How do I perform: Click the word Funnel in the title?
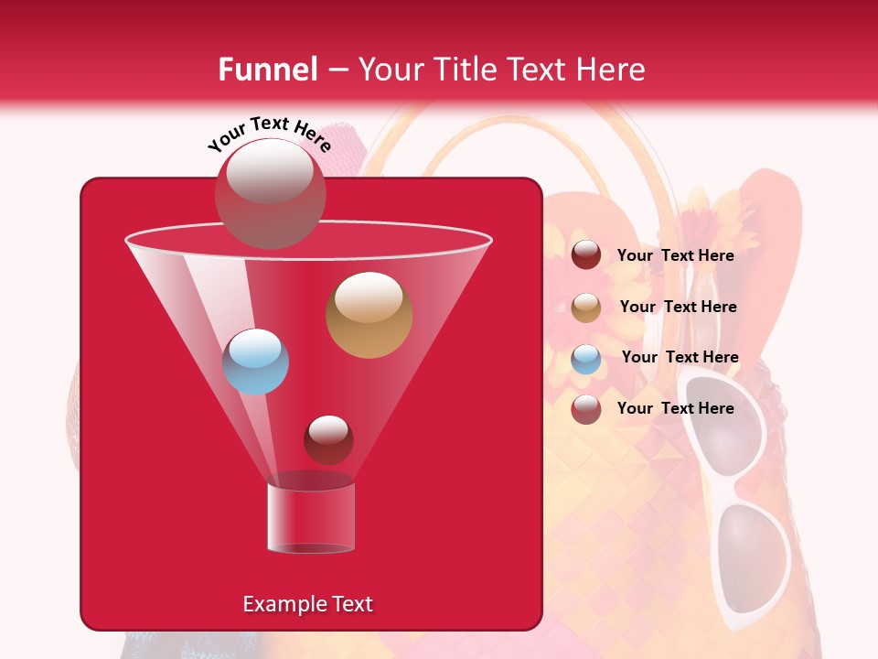[x=267, y=70]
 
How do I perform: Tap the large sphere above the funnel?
[x=270, y=193]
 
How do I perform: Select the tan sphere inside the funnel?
[x=369, y=315]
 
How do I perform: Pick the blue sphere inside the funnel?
[x=255, y=362]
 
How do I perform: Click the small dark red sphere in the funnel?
[x=328, y=439]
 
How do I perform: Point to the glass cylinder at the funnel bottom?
[x=311, y=518]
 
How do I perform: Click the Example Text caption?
[x=307, y=604]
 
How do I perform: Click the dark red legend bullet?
[x=586, y=255]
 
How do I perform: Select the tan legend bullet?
[x=586, y=308]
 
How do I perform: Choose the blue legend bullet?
[x=586, y=359]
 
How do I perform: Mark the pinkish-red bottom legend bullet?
[x=586, y=409]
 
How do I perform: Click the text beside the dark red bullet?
[x=675, y=255]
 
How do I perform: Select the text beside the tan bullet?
[x=678, y=307]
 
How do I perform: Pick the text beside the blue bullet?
[x=680, y=357]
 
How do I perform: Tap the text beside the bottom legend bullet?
[x=675, y=408]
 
